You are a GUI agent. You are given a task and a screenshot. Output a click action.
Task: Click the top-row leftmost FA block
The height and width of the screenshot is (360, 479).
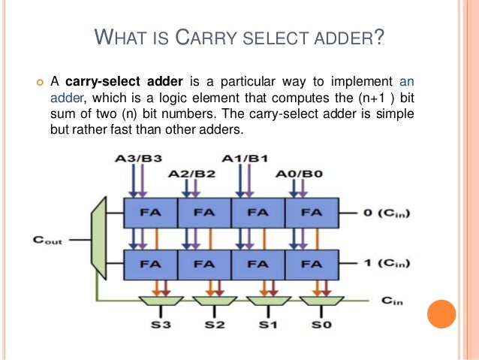(150, 213)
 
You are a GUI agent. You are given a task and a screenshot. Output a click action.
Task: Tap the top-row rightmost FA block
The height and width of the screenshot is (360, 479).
(312, 213)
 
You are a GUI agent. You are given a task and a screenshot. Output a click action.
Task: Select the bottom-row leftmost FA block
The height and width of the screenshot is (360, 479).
(150, 264)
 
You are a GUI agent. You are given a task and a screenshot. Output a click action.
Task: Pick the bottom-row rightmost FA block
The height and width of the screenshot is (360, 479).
(312, 264)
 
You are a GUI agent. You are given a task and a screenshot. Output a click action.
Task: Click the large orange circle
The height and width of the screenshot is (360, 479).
(441, 315)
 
